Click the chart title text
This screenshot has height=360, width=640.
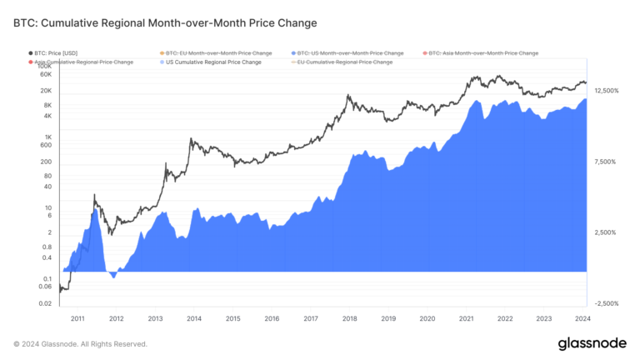point(165,22)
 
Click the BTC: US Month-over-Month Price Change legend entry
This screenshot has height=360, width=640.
point(342,52)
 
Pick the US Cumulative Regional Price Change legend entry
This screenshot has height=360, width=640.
point(213,62)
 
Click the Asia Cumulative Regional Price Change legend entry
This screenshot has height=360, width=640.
point(84,62)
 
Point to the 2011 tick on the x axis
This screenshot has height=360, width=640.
point(77,318)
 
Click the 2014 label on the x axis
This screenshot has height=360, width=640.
point(194,318)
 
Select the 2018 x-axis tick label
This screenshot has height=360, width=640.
point(349,318)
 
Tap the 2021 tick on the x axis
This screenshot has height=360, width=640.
point(466,318)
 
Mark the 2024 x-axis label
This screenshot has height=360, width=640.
point(582,318)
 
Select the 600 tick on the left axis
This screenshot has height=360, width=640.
point(46,145)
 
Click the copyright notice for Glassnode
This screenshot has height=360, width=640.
point(80,343)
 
